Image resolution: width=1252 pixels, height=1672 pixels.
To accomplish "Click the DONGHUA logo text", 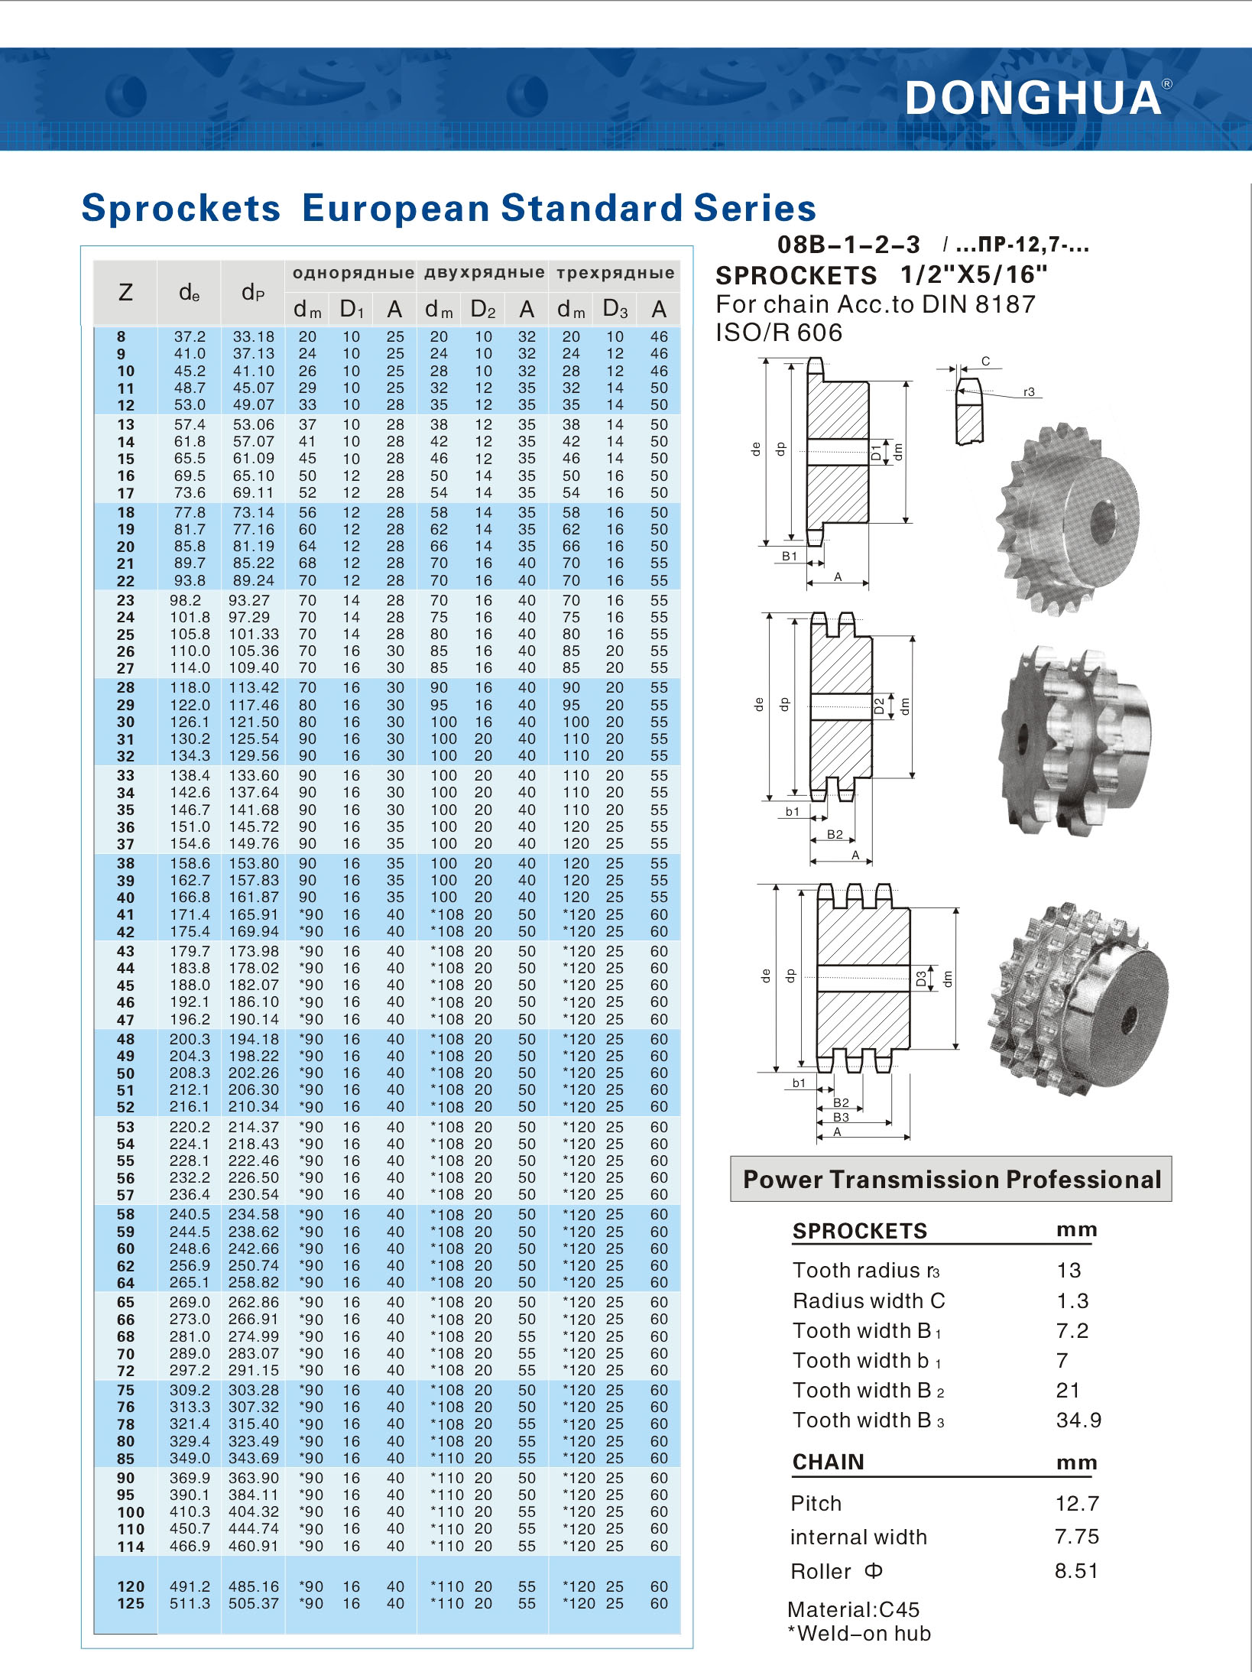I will pos(1033,98).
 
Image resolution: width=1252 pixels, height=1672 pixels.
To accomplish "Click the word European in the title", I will pos(396,208).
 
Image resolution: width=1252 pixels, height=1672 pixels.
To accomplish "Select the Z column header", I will pos(125,292).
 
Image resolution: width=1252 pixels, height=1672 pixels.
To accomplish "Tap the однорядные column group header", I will pos(353,273).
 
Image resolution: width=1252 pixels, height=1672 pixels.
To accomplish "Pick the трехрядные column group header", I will pos(615,273).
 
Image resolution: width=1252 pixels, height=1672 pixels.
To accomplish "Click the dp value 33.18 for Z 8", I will pos(253,336).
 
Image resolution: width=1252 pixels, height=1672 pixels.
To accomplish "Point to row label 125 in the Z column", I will pos(130,1603).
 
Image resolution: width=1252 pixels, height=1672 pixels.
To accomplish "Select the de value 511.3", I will pos(190,1603).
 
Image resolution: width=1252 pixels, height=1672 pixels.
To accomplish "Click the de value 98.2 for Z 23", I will pos(185,600).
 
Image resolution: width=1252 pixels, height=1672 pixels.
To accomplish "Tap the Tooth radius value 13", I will pos(1069,1270).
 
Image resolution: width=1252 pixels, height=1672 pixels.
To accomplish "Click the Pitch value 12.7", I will pos(1077,1503).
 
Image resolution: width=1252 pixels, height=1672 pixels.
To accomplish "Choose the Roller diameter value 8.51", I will pos(1076,1571).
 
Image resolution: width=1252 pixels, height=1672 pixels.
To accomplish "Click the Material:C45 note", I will pos(853,1609).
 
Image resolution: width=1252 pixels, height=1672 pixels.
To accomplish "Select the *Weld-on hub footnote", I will pos(859,1634).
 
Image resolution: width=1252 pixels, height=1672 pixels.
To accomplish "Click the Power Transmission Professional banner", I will pos(951,1179).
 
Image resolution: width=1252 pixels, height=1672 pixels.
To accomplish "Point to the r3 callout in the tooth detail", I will pos(1029,392).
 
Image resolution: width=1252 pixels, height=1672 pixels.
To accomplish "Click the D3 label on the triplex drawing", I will pos(921,978).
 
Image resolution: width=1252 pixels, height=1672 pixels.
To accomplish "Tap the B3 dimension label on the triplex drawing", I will pos(841,1117).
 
